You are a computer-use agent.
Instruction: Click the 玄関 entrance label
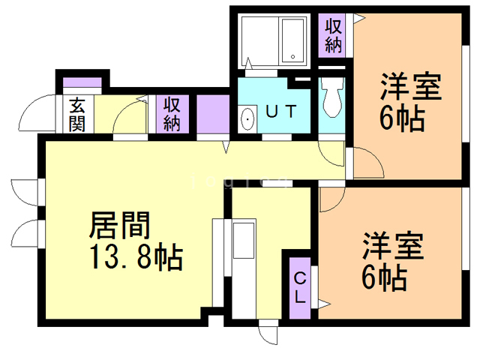click(x=77, y=115)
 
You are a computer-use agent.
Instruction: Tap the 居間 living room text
click(x=120, y=224)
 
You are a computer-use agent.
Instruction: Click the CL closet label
click(x=298, y=289)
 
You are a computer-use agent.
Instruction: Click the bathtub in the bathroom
click(x=292, y=41)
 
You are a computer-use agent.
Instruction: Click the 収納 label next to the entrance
click(x=172, y=115)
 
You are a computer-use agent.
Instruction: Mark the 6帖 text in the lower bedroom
click(x=384, y=279)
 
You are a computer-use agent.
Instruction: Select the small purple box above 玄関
click(x=76, y=83)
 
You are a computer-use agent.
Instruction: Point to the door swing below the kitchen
click(x=268, y=334)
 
